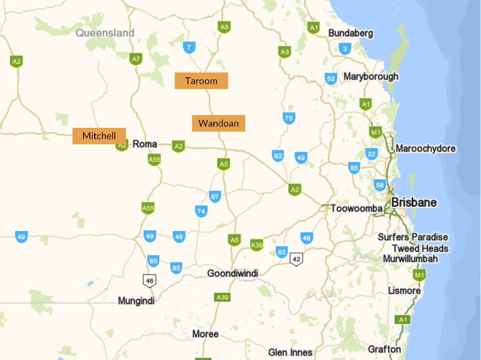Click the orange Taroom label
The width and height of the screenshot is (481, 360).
201,81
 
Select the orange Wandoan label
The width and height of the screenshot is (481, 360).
218,124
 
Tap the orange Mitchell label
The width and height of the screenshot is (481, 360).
99,136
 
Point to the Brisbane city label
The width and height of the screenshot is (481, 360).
414,202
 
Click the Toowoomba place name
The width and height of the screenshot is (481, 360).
356,208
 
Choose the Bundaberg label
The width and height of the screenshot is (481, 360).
351,33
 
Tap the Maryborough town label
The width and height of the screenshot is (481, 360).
371,76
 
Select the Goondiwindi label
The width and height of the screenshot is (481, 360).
233,274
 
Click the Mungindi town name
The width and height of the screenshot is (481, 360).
136,301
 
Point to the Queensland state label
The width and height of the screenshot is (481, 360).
105,33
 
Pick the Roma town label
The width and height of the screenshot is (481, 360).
145,144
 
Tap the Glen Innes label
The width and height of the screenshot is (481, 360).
290,353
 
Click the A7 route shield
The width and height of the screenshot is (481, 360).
136,59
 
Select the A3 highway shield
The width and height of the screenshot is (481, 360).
285,52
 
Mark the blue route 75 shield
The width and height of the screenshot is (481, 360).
289,118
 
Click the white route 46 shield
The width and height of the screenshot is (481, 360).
150,280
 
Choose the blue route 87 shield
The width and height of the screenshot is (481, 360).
215,197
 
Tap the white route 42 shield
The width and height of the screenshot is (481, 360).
296,259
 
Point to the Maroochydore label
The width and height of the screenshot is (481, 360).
425,149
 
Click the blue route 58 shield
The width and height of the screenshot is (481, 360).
379,185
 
